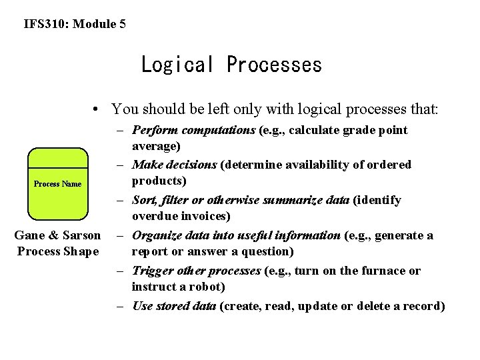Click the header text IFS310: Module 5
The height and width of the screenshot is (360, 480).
pos(75,25)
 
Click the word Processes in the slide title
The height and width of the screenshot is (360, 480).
pos(274,65)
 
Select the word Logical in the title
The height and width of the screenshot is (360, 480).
pos(177,65)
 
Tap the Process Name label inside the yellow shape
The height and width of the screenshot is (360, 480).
pos(58,184)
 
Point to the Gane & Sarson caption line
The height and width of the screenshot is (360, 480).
pos(57,235)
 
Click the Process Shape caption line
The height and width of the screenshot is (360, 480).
pos(57,251)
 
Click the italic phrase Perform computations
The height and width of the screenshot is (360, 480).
pos(194,130)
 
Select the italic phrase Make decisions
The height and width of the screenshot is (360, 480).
pos(174,165)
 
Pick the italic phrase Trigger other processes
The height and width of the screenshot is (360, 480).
pos(196,271)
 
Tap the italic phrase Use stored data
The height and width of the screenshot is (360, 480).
pos(174,306)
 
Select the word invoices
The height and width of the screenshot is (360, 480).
pos(203,216)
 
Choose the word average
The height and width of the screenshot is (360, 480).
pos(155,146)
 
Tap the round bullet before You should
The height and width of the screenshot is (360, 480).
pos(97,109)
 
